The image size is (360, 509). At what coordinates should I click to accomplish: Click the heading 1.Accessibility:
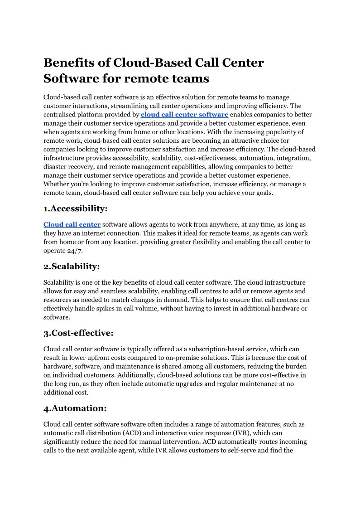point(75,208)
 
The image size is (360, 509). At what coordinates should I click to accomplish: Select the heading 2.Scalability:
point(72,266)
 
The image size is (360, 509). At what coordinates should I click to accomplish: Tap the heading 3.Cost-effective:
point(78,333)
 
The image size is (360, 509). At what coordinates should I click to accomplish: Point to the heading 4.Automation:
point(75,408)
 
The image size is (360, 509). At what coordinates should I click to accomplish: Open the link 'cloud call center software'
point(184,114)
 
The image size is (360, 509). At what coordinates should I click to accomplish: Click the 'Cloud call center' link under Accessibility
point(72,224)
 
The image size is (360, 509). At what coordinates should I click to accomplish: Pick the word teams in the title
point(189,78)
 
